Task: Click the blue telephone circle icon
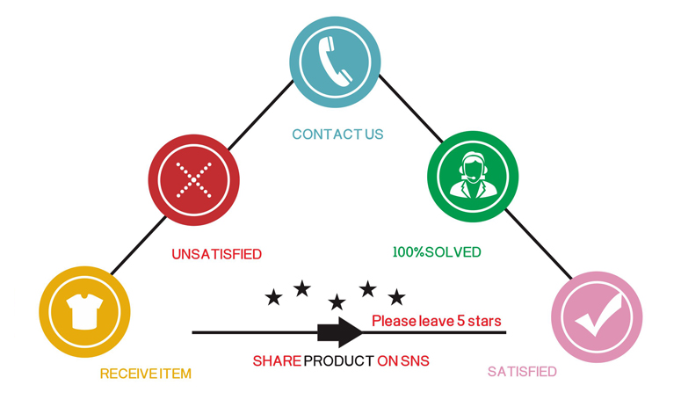pos(337,62)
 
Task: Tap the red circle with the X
pos(192,179)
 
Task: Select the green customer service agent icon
pos(471,173)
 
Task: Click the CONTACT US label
pos(337,134)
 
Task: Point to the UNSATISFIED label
pos(216,255)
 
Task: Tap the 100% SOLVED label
pos(437,252)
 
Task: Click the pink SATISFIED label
pos(522,372)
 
